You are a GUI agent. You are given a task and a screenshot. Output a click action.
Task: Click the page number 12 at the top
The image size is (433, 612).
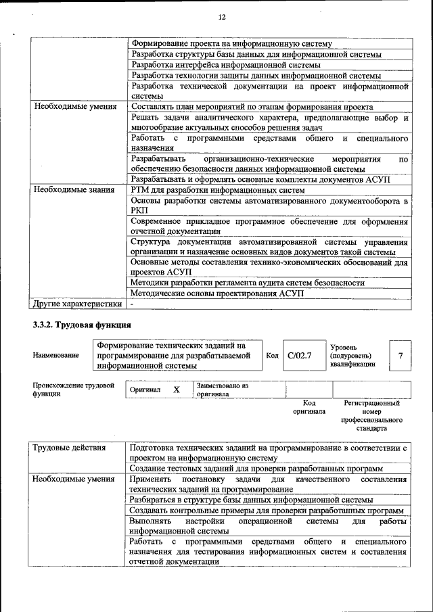(x=222, y=17)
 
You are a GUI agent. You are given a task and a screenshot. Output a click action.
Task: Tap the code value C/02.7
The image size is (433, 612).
(x=298, y=356)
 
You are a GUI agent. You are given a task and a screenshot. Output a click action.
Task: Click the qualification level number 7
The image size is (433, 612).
(x=401, y=355)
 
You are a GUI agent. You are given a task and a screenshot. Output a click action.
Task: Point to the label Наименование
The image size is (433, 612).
(x=55, y=356)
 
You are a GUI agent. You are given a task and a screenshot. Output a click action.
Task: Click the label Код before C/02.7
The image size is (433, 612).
(x=272, y=356)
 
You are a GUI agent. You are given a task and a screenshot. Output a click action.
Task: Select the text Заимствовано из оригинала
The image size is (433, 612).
(x=223, y=390)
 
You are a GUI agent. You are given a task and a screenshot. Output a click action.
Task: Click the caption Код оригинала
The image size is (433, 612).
(x=309, y=407)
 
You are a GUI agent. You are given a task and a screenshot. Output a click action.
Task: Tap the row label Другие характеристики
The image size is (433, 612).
(x=77, y=304)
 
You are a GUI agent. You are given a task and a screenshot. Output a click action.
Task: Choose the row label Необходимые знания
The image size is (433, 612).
(x=74, y=190)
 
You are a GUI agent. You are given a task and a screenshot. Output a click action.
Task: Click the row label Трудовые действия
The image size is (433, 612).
(x=70, y=448)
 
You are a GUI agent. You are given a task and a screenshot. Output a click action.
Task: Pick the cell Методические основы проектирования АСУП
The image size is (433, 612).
(x=217, y=293)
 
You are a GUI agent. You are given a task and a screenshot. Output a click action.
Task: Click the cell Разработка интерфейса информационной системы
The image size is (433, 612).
(x=226, y=65)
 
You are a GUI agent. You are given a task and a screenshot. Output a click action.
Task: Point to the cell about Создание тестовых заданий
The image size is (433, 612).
(x=257, y=468)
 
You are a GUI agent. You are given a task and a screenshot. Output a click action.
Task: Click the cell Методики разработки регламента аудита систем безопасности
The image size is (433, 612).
(x=248, y=283)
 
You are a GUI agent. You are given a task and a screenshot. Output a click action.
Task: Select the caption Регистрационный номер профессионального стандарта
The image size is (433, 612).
(x=371, y=415)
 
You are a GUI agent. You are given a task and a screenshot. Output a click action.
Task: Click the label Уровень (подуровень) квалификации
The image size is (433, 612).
(x=352, y=355)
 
